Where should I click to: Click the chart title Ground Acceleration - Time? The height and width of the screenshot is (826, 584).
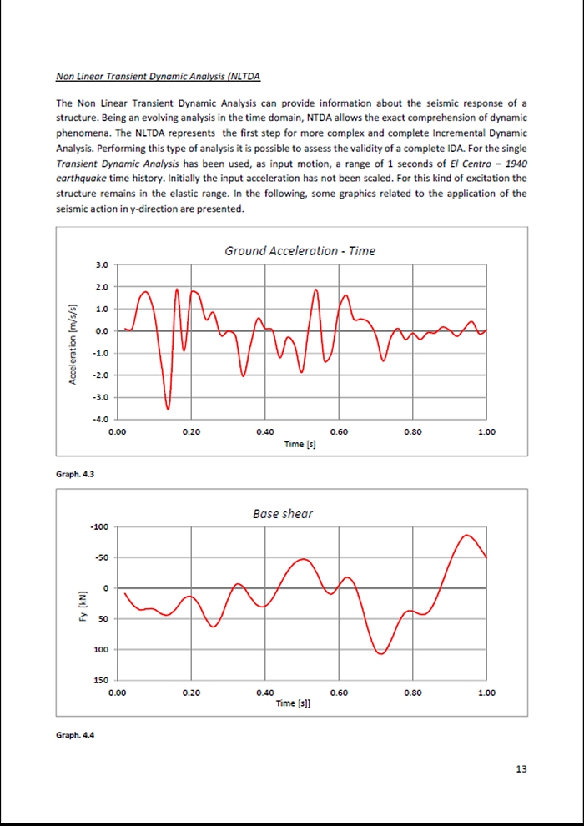click(x=300, y=250)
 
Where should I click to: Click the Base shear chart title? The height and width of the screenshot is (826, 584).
click(x=283, y=514)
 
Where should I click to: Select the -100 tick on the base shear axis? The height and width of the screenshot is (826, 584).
click(x=98, y=527)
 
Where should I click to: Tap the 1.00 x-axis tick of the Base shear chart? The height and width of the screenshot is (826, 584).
click(x=487, y=693)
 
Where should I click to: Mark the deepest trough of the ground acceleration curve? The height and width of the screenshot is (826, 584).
click(x=168, y=408)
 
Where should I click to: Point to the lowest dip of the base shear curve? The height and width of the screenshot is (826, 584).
click(x=380, y=653)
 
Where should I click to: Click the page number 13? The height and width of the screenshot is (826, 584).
click(x=521, y=768)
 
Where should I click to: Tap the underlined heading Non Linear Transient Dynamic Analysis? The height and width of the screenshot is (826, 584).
click(x=159, y=78)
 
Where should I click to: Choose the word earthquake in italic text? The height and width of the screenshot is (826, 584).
click(x=80, y=178)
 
